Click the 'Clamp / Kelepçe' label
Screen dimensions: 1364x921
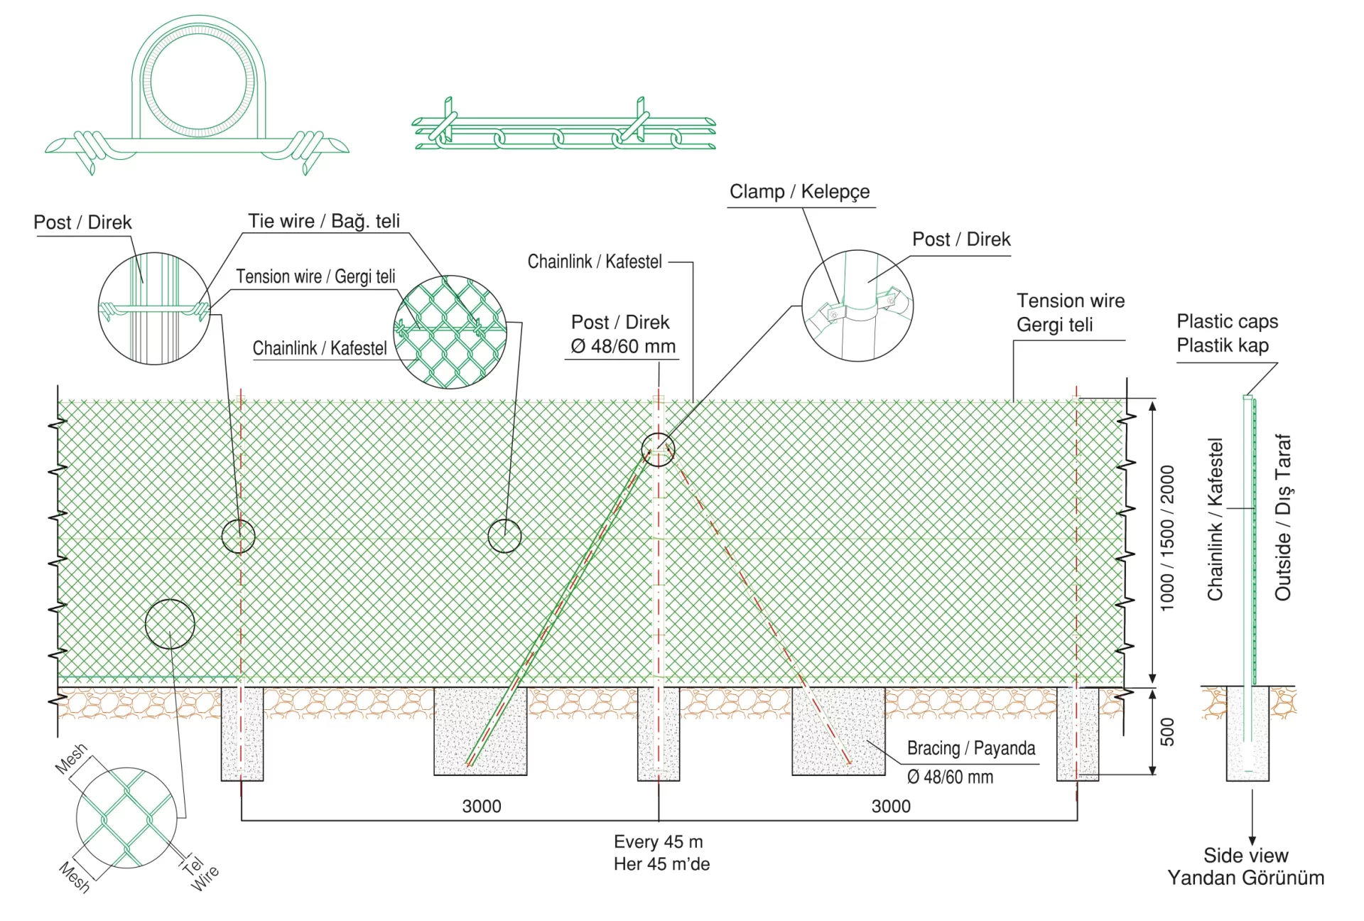800,192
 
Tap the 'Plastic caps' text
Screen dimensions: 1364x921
1227,321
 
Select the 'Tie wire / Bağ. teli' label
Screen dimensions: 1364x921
324,221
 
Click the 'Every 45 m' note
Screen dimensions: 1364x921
659,841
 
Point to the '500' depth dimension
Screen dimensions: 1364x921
1167,732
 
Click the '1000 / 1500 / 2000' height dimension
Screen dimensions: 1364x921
1167,538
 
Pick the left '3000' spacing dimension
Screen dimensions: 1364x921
482,806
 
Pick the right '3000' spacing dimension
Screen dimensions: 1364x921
891,806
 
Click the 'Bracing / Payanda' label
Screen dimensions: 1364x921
971,748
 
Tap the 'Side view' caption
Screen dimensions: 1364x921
1245,855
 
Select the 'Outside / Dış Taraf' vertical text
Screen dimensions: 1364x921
1283,517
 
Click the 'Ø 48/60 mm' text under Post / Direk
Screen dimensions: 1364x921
623,347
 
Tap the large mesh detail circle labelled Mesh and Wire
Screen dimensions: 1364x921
77,817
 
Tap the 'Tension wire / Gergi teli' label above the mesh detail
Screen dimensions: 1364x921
315,276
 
